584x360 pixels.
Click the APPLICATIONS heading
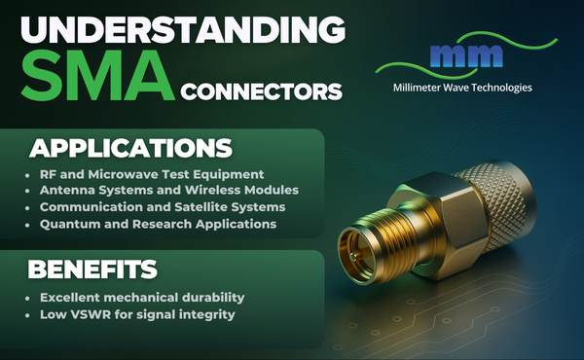[x=129, y=149]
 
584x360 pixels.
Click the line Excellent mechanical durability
[x=142, y=295]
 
